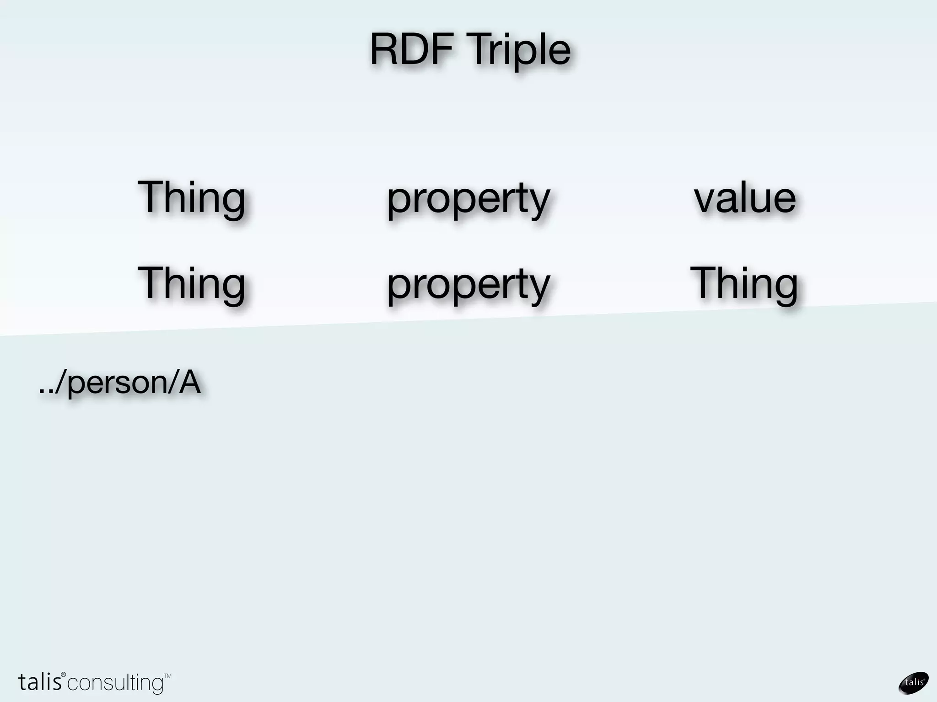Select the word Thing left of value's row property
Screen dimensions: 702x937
click(x=191, y=197)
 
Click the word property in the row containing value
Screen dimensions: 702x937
click(x=468, y=200)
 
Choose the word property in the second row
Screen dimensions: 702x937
click(x=468, y=286)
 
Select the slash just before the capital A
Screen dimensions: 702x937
click(x=173, y=383)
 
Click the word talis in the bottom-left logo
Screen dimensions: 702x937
click(x=39, y=682)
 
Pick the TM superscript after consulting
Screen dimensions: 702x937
click(x=167, y=675)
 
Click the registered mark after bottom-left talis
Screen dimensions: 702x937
click(x=64, y=675)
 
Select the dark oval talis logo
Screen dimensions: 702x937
click(x=913, y=683)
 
